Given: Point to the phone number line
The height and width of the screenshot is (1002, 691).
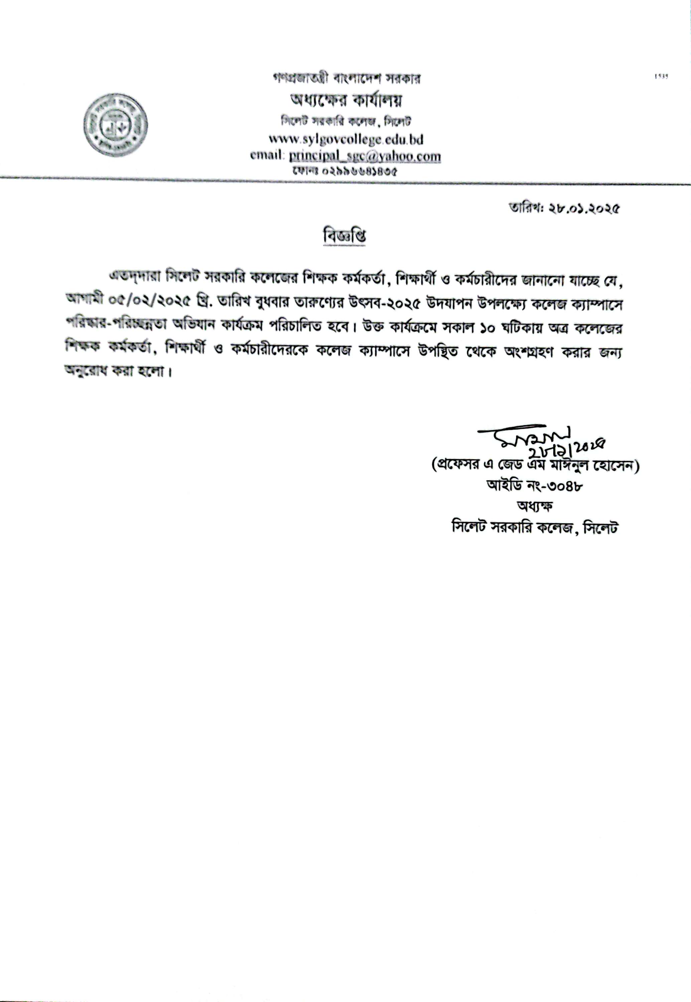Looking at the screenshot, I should [345, 171].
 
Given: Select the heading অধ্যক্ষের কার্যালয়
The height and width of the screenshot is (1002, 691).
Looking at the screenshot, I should [345, 101].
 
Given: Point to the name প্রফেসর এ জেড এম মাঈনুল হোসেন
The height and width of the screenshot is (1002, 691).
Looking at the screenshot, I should [535, 466].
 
